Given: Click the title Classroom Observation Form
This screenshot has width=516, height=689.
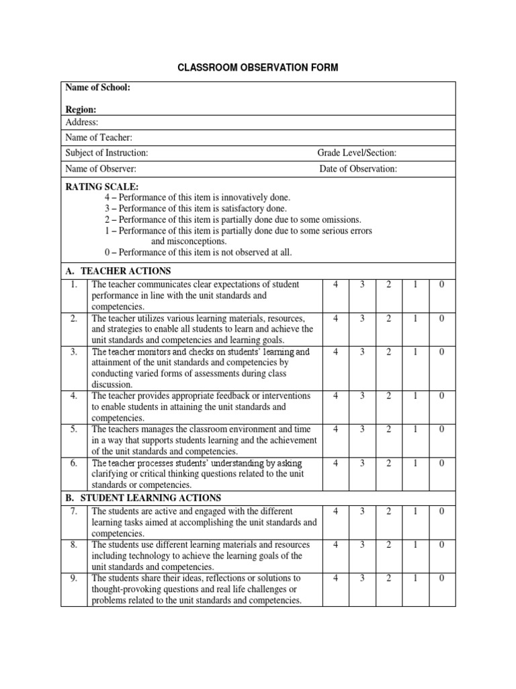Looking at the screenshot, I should [x=258, y=67].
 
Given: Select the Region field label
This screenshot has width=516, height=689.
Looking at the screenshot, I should [x=81, y=109].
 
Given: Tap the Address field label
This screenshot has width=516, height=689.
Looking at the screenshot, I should [x=82, y=122].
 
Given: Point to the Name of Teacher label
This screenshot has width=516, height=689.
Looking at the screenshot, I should [x=99, y=137].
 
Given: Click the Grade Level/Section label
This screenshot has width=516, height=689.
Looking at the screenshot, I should [x=357, y=153].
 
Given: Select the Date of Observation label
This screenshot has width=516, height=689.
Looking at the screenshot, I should [x=358, y=169].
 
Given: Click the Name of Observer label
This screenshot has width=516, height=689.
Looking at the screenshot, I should [x=101, y=169].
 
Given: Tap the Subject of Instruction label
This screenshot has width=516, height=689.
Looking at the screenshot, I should [x=107, y=153].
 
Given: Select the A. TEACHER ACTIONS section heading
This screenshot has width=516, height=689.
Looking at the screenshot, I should [x=118, y=270].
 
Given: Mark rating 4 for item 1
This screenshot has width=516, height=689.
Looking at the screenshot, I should [x=335, y=285].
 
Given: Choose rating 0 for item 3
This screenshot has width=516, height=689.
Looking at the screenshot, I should [x=441, y=352].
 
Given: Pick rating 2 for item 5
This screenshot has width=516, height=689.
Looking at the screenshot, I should [x=388, y=429].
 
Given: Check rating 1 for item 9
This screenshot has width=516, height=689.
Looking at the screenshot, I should [x=415, y=578].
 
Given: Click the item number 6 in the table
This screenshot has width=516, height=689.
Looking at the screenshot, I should [x=74, y=463].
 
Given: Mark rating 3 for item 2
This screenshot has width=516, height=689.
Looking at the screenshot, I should [x=361, y=318].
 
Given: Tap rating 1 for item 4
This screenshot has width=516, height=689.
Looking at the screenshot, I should [x=415, y=396].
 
